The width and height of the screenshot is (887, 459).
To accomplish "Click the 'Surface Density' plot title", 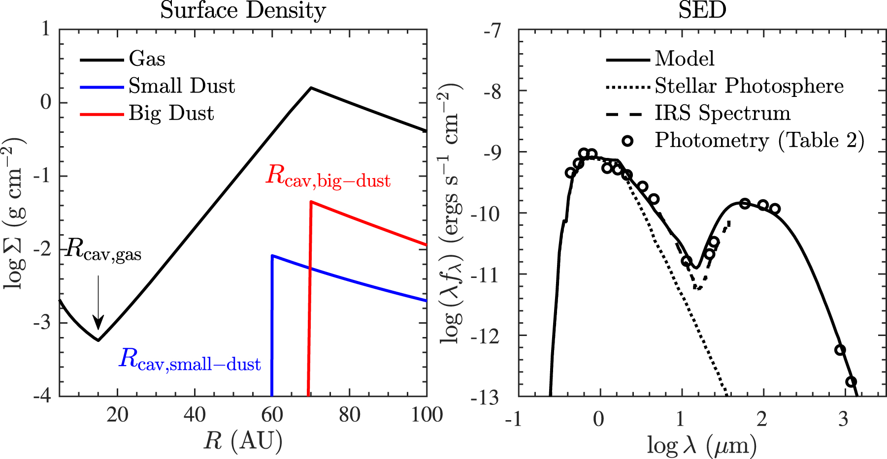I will [243, 10].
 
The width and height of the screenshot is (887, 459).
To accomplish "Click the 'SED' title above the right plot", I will [702, 10].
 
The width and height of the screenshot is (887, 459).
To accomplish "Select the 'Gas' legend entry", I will [147, 59].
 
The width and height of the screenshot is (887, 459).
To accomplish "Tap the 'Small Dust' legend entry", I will [182, 86].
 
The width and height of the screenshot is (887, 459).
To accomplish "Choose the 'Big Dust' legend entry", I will [171, 113].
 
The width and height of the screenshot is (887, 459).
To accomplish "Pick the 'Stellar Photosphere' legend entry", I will [749, 86].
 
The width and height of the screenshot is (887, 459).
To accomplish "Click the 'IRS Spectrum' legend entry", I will [722, 113].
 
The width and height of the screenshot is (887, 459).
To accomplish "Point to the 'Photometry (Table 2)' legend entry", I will [759, 141].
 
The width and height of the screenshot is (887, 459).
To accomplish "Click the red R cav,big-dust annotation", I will [328, 176].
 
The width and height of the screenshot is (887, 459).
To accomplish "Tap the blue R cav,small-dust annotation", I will [190, 360].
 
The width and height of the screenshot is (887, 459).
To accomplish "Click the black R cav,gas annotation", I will [103, 249].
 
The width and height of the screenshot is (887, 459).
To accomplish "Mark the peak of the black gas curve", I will [311, 88].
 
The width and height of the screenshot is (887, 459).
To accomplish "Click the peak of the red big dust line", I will [311, 202].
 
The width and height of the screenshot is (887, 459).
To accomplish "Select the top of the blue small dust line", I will [272, 256].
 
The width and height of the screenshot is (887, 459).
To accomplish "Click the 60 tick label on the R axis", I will [272, 416].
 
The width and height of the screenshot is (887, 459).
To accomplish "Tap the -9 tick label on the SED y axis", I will [492, 153].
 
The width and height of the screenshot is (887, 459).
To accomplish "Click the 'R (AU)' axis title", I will [243, 441].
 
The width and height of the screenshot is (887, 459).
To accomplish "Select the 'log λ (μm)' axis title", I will [701, 446].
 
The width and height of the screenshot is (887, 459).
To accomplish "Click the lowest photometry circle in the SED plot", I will [851, 382].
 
